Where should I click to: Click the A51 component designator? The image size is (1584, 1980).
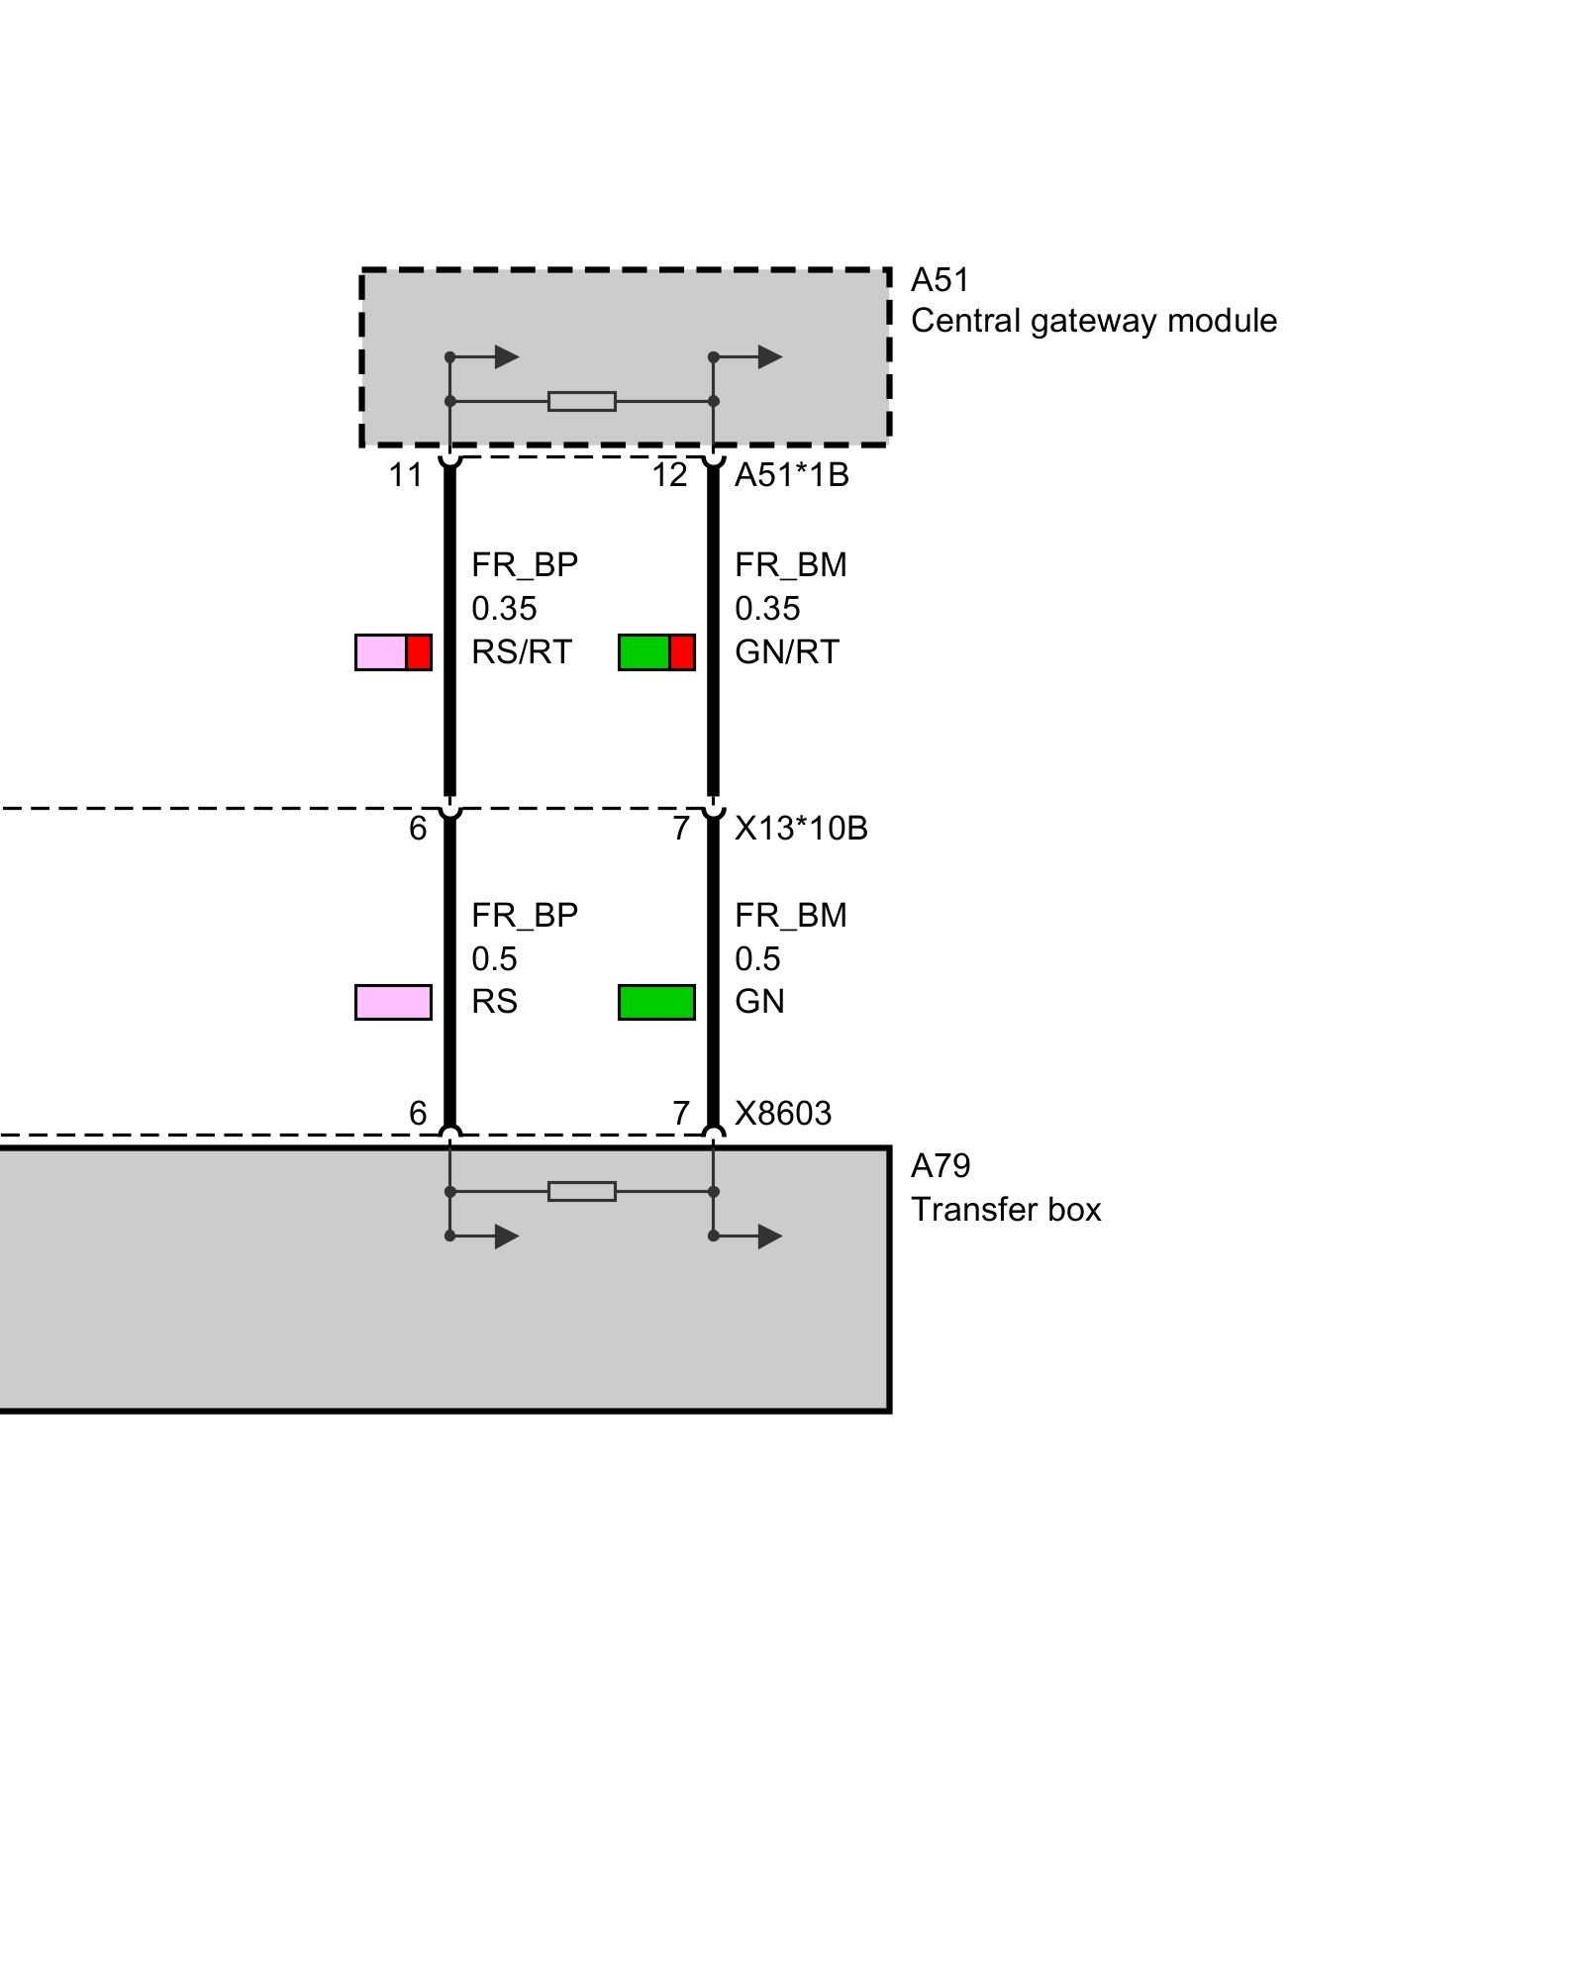[940, 280]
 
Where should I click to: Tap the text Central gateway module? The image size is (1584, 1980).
[1094, 321]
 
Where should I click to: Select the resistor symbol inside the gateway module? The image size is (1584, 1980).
[582, 401]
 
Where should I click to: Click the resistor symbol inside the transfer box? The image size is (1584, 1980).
[582, 1191]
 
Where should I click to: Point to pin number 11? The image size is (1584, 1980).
[406, 475]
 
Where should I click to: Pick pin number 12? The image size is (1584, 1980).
[669, 475]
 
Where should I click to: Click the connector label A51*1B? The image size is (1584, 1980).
[792, 475]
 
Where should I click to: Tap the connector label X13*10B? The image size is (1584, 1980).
[801, 828]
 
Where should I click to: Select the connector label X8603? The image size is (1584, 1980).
[783, 1113]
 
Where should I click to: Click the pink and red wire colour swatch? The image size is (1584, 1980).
[393, 652]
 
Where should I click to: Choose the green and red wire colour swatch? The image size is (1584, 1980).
[656, 652]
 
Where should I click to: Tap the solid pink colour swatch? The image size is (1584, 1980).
[393, 1002]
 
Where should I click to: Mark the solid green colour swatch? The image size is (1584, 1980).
[656, 1002]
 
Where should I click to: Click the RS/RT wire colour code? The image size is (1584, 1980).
[522, 652]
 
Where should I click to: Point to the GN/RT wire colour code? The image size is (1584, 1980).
[787, 652]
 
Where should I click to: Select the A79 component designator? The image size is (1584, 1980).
[940, 1166]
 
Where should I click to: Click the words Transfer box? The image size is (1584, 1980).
[1006, 1210]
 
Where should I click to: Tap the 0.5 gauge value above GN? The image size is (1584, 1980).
[757, 958]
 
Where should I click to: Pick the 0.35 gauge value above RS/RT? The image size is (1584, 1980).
[504, 608]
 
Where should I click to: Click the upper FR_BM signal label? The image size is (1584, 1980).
[791, 565]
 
